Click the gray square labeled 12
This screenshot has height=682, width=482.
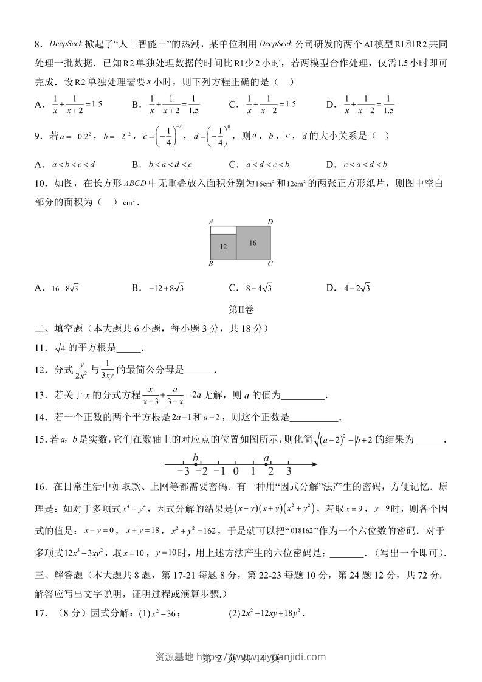223,247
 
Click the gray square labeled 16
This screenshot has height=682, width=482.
253,242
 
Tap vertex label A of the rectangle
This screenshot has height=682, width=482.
210,222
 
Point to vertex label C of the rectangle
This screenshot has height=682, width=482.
270,264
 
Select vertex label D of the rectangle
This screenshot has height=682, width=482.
270,222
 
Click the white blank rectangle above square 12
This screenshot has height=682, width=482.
223,230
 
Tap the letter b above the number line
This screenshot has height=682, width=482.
195,457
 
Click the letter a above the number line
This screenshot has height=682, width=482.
266,457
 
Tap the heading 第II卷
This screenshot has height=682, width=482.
241,309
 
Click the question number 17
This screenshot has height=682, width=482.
41,613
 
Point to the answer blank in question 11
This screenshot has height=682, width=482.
128,348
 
